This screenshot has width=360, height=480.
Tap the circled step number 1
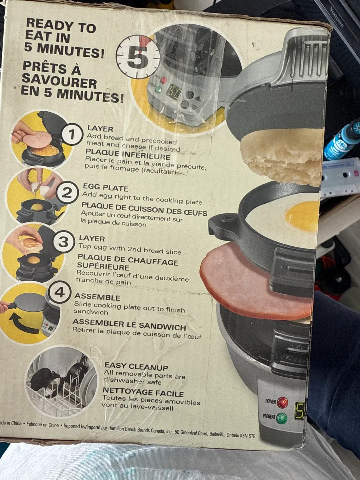point(72,134)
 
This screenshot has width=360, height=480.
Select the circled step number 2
point(67,192)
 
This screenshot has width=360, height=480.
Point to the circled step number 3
point(63,242)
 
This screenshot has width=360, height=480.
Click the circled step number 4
point(59,292)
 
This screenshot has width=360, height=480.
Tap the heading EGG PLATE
point(105,187)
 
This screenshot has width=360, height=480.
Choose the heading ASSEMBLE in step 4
point(97,297)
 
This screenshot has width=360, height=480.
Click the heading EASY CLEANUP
point(136,367)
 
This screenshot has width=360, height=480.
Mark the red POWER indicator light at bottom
point(283,402)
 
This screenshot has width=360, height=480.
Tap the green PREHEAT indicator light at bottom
point(282,418)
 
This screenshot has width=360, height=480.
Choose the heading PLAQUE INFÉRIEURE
point(128,155)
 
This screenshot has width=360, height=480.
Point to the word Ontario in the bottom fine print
point(233,435)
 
